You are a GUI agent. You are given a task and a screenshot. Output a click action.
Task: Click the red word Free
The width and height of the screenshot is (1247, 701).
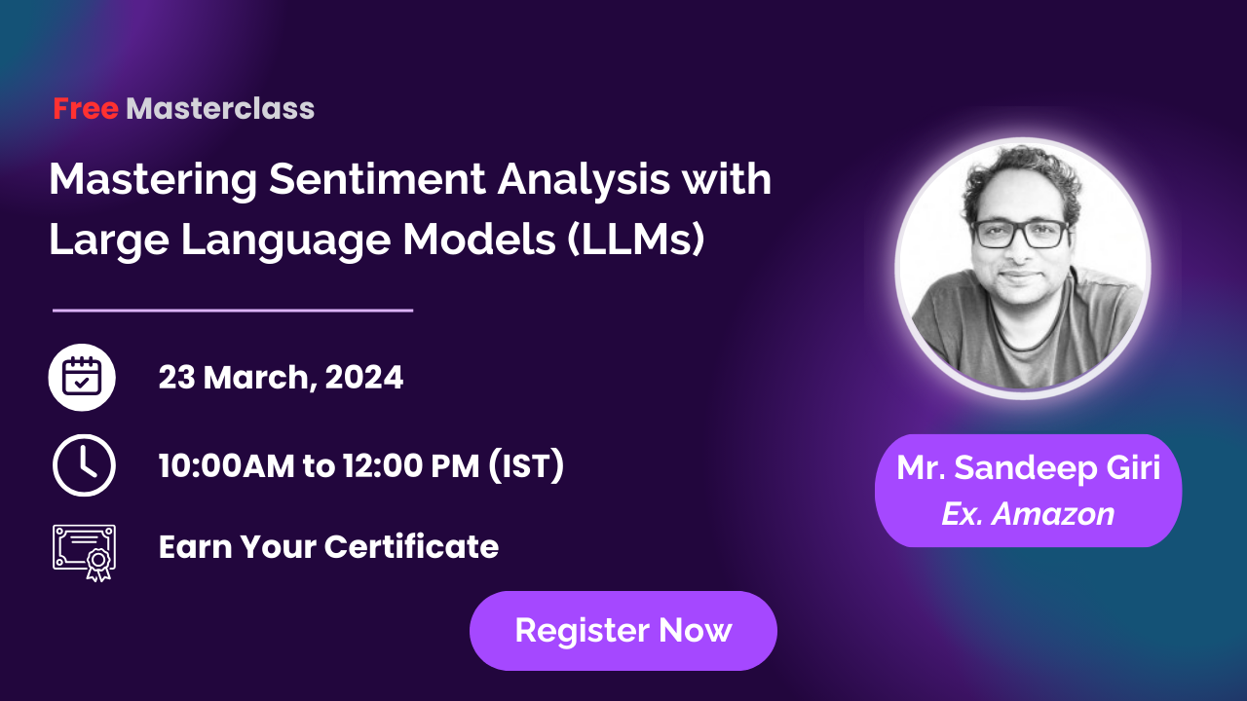[x=86, y=109]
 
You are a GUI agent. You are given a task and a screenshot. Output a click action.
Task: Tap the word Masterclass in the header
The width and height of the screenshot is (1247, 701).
[x=220, y=109]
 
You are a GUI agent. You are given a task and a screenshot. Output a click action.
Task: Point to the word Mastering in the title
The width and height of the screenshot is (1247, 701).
[x=154, y=180]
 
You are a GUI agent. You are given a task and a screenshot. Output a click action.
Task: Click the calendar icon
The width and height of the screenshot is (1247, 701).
[x=82, y=377]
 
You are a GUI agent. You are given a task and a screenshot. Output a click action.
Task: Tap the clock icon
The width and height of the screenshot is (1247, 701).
[x=83, y=465]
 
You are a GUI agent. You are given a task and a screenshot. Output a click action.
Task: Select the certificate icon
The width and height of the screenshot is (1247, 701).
[x=83, y=551]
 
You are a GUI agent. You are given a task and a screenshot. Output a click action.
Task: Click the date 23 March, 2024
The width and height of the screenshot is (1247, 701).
[x=281, y=377]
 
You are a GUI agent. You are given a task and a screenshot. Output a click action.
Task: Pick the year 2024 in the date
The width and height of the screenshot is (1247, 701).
[x=364, y=377]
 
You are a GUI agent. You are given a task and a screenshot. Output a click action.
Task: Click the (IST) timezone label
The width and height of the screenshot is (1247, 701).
[x=526, y=466]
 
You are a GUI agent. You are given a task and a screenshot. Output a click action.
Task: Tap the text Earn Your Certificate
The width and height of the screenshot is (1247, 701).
[x=328, y=547]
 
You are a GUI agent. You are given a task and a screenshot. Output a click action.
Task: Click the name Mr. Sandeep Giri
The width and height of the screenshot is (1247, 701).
[x=1028, y=468]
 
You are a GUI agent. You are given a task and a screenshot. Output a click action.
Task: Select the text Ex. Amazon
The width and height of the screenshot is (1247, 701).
[x=1028, y=513]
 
